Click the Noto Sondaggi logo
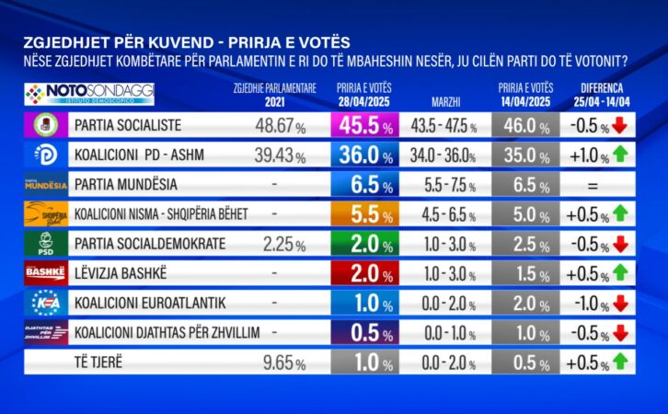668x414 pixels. (x=89, y=93)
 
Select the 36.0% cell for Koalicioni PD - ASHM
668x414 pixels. (x=366, y=154)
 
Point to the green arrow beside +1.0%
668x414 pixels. (x=619, y=154)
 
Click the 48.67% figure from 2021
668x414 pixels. (x=276, y=124)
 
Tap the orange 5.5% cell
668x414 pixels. (x=366, y=213)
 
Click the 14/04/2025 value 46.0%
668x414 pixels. (x=521, y=124)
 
